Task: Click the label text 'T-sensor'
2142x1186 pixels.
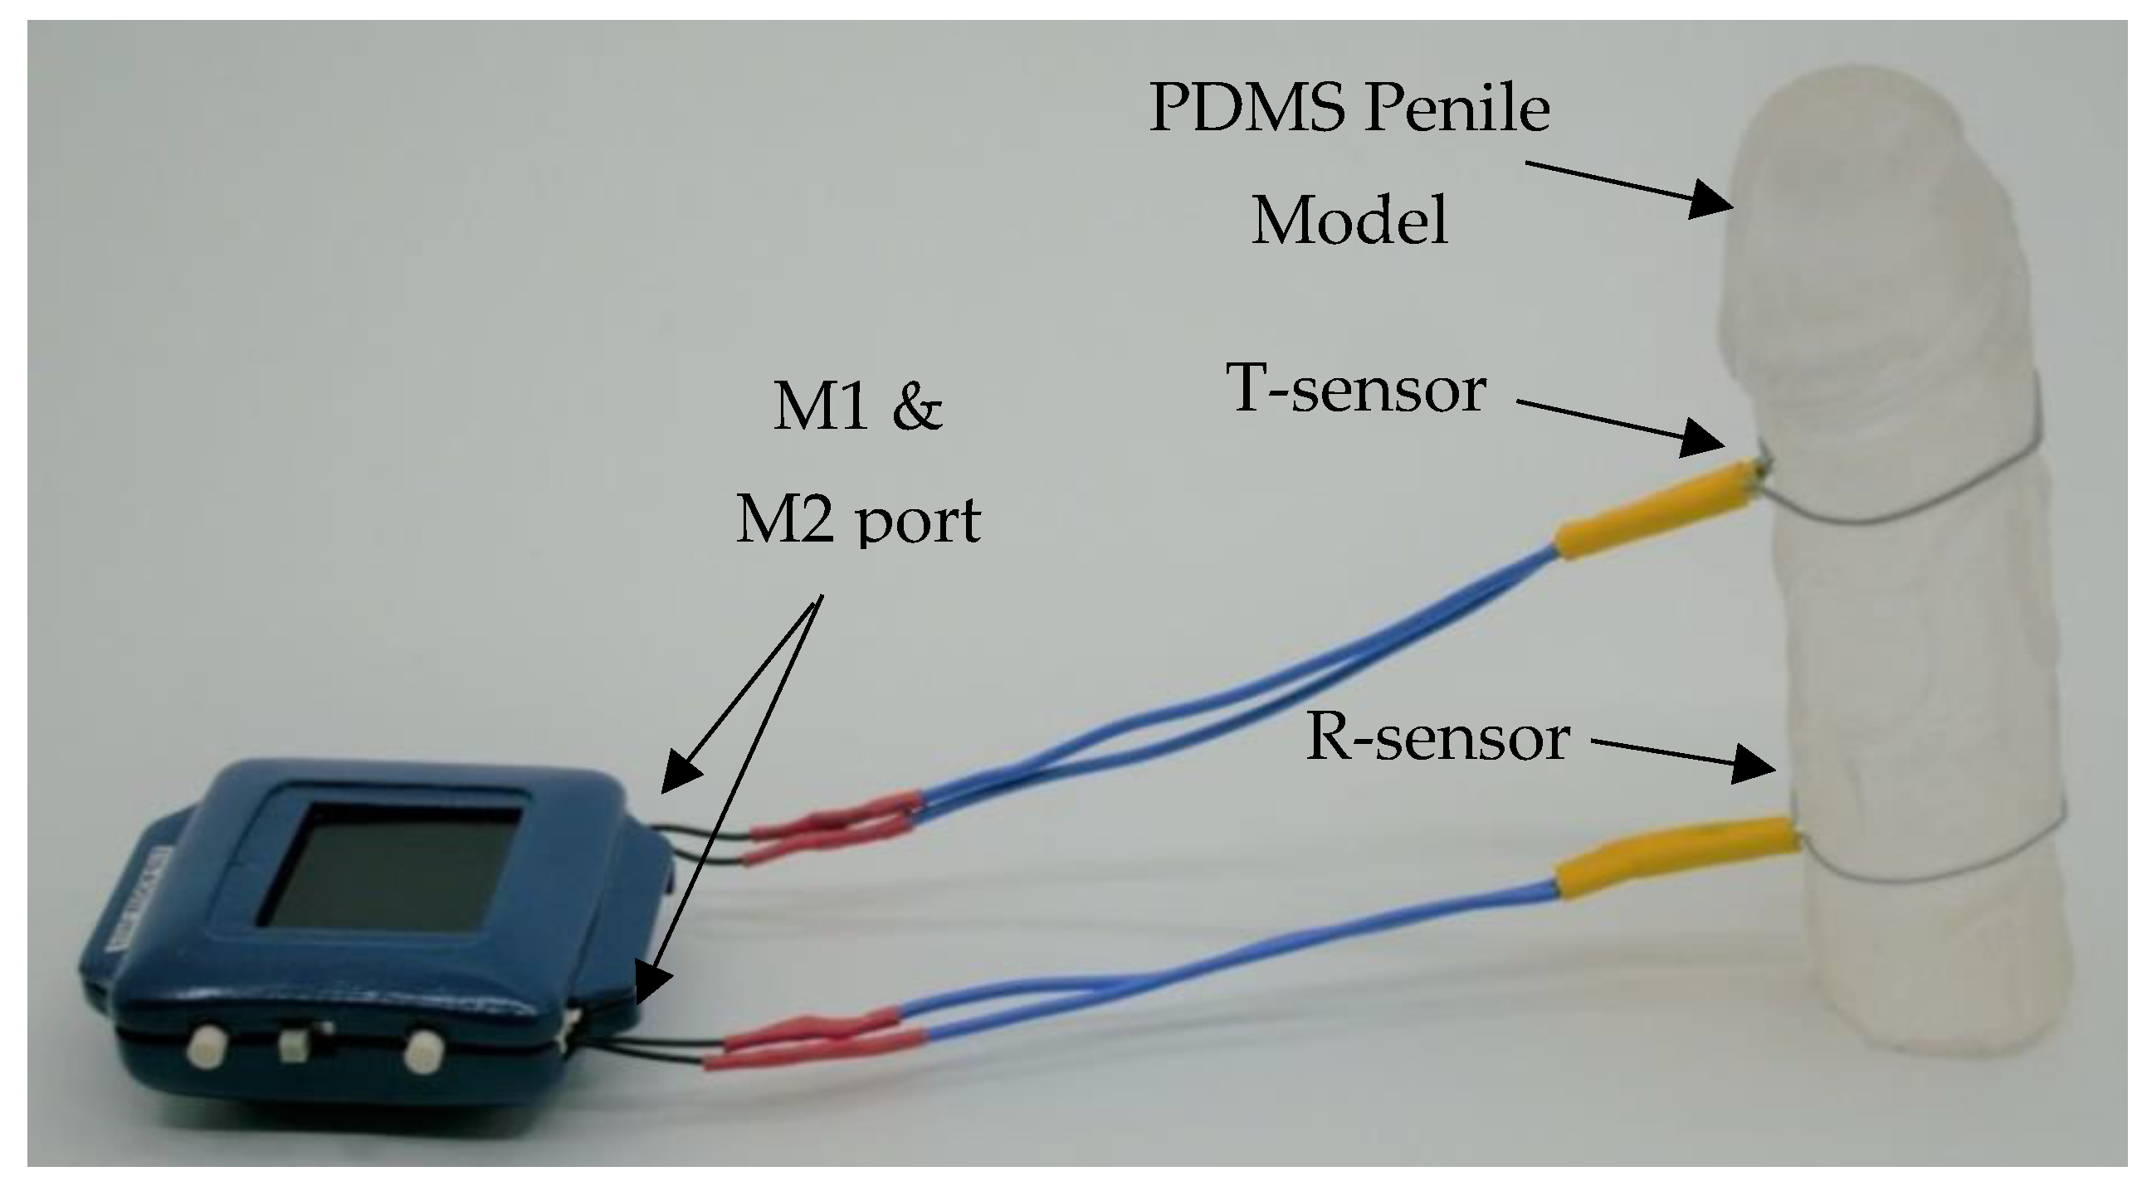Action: click(x=1357, y=389)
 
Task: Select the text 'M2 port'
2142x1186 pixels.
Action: click(x=857, y=520)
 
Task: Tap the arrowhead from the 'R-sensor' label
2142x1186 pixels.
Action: click(x=1754, y=765)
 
